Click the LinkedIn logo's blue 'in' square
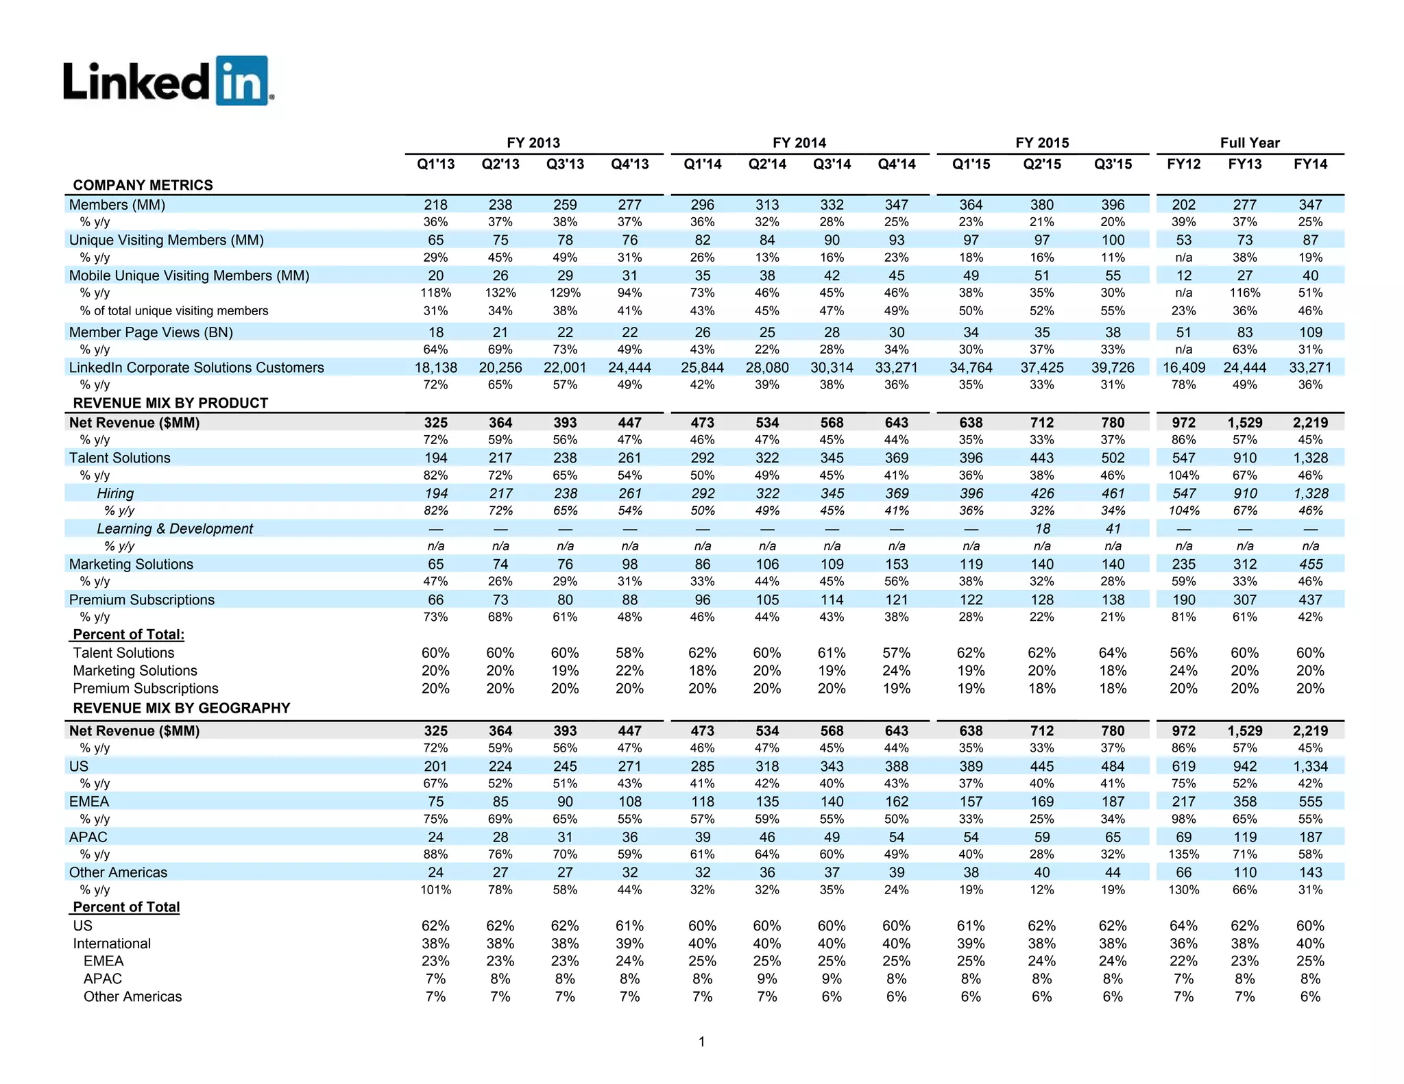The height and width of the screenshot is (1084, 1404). click(241, 81)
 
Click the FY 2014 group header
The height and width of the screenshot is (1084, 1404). click(799, 143)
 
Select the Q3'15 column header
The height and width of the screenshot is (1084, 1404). click(1113, 164)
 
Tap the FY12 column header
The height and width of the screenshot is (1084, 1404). click(1184, 164)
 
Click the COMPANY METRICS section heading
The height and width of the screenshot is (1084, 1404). click(143, 185)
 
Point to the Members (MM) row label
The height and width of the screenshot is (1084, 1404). click(117, 205)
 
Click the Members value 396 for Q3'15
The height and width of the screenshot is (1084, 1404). click(1113, 205)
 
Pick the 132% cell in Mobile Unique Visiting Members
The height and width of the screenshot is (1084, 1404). click(500, 293)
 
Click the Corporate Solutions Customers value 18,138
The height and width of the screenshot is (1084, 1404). click(436, 367)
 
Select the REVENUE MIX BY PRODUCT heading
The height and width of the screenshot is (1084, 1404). click(170, 403)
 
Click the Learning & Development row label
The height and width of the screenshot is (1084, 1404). click(175, 528)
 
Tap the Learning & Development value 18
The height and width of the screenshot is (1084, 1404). click(1042, 528)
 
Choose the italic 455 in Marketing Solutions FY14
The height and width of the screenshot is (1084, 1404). click(1310, 564)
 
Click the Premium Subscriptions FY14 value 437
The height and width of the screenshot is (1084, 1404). click(1310, 600)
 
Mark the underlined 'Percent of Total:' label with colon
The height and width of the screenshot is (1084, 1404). click(129, 635)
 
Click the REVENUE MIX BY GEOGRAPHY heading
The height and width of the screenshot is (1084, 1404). click(182, 708)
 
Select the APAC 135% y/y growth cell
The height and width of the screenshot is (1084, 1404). click(1184, 854)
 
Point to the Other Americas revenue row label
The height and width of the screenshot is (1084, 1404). click(118, 872)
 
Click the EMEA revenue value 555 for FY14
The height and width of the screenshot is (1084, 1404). click(1310, 802)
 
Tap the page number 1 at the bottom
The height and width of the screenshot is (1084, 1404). click(701, 1042)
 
